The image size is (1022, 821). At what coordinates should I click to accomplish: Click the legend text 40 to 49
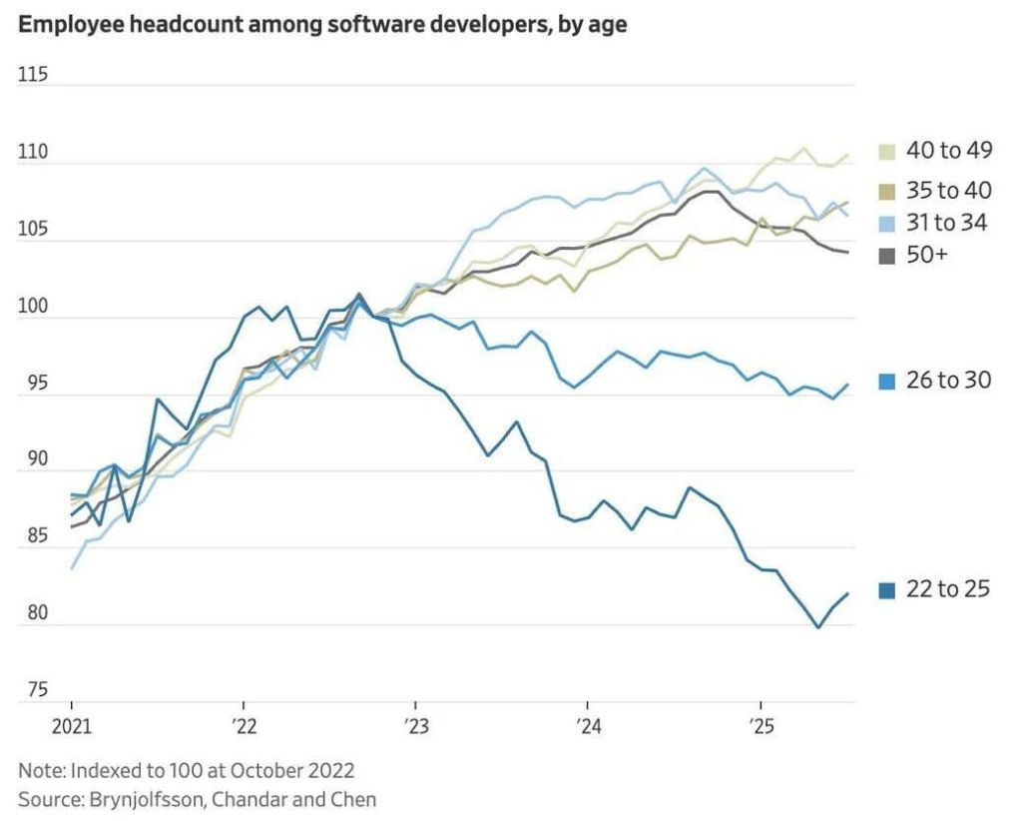948,151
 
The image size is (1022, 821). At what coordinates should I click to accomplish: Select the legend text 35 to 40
948,191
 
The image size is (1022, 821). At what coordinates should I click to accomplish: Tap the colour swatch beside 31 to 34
886,224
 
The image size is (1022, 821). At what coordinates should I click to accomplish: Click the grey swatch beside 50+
886,256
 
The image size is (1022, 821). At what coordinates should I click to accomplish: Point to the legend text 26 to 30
948,381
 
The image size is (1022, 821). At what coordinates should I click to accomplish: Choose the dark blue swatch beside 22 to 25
886,591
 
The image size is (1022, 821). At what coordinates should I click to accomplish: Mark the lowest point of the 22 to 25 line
818,627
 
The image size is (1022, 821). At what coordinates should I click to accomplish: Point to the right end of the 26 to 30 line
848,384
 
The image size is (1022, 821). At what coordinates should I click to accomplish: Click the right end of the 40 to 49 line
848,155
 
